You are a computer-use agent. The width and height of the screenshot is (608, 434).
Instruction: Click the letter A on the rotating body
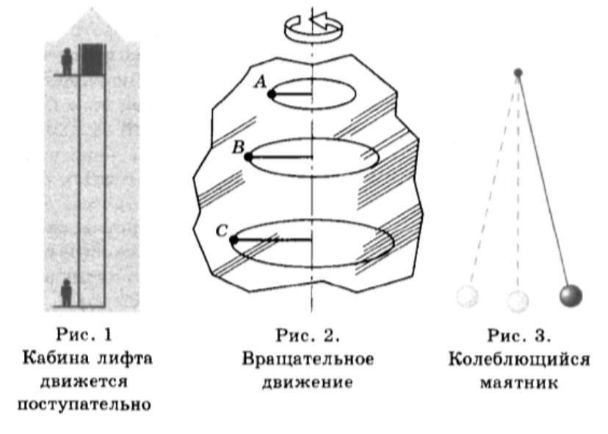click(259, 83)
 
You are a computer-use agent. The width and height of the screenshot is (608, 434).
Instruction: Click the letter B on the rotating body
click(238, 147)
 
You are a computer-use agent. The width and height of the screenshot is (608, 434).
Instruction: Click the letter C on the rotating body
click(222, 230)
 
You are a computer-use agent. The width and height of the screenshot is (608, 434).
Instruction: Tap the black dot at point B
click(248, 157)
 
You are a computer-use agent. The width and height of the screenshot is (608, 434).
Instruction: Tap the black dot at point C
click(234, 240)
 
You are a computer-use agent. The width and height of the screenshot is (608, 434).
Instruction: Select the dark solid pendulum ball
click(571, 296)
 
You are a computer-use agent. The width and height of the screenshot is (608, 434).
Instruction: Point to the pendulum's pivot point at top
click(518, 73)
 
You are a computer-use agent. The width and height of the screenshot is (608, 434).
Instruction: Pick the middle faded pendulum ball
click(518, 299)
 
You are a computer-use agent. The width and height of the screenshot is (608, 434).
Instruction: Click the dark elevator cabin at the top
click(93, 59)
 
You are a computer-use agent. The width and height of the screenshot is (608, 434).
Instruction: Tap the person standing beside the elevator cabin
click(68, 61)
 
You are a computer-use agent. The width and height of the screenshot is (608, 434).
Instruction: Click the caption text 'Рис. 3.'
click(519, 337)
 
